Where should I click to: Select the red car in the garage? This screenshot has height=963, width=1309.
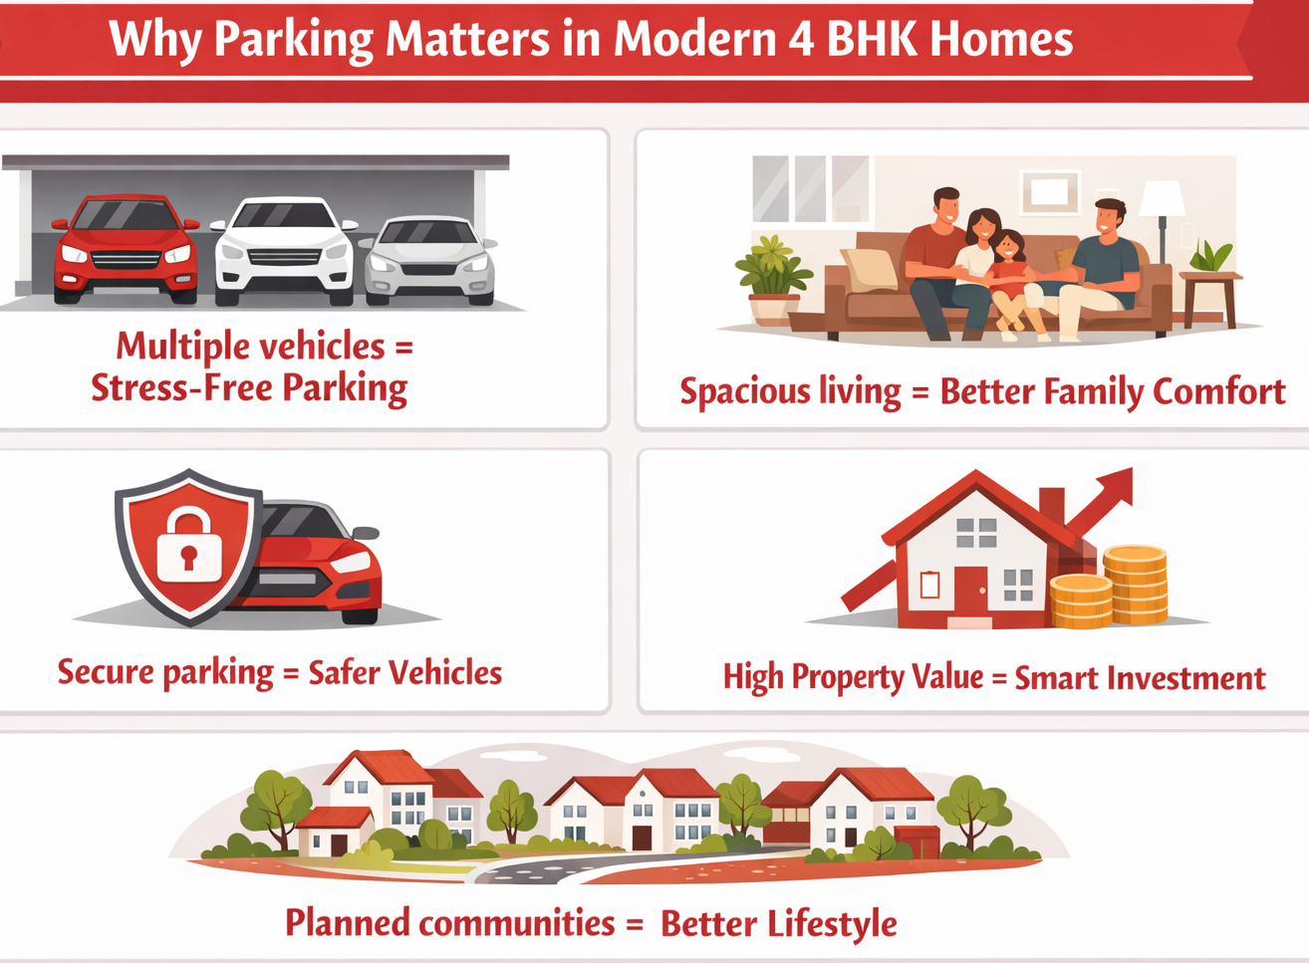125,247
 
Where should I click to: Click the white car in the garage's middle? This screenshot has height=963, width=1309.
285,250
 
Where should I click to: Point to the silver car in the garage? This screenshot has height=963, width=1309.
429,260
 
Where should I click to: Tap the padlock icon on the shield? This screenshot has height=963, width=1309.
189,543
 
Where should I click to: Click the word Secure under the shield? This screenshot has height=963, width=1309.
105,672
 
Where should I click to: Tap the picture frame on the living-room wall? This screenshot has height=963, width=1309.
1050,190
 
